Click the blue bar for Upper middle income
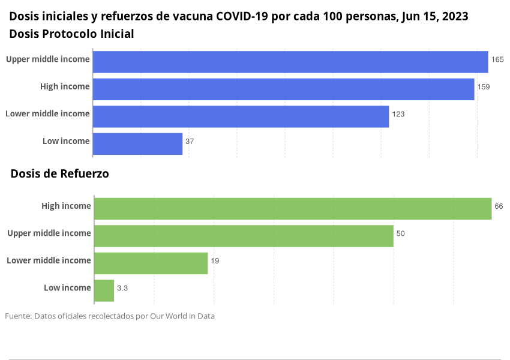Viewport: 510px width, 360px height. point(290,62)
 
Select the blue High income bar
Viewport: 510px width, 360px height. point(283,89)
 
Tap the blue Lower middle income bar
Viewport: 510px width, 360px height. point(241,116)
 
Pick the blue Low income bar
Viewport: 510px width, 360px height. point(137,144)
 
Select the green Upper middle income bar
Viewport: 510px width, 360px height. point(244,236)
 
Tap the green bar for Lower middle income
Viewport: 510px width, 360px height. point(151,263)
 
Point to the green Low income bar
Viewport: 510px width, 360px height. point(104,290)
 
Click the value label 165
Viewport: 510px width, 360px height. point(497,59)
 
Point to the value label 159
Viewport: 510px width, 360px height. point(484,87)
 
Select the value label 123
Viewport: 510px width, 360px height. point(398,114)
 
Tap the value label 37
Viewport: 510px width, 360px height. point(190,142)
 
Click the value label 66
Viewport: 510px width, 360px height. point(499,206)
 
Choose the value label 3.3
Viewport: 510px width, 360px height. point(122,289)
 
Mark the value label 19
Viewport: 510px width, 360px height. point(215,261)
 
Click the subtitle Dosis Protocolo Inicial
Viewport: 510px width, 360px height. point(71,34)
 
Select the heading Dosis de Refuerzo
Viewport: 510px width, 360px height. point(59,174)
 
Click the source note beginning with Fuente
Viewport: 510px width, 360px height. point(110,316)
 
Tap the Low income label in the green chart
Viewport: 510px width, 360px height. point(67,288)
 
